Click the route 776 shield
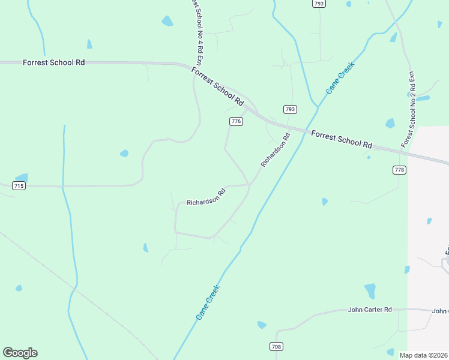236,121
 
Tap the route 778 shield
399,170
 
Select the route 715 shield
19,187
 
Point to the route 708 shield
276,347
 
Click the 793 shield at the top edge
319,4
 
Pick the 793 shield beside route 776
290,109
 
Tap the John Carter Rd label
370,310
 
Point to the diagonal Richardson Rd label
275,150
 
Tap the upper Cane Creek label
340,77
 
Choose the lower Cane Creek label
208,301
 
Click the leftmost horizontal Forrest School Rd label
53,62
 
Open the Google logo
20,353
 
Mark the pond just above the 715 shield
22,178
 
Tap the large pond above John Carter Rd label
370,290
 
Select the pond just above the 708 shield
262,325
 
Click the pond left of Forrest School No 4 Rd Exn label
167,21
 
